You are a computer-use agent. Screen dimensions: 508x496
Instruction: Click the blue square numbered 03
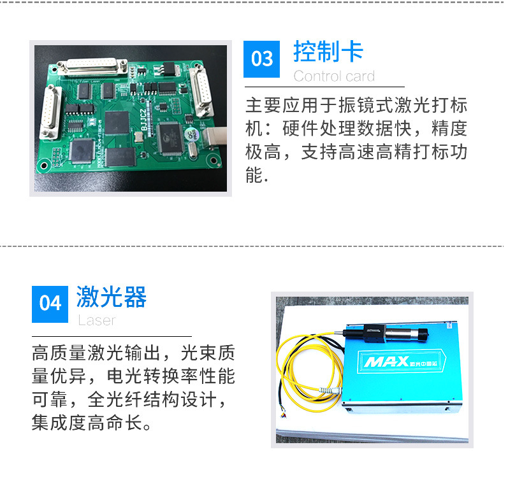[x=261, y=59]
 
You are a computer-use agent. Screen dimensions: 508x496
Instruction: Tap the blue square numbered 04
[x=50, y=304]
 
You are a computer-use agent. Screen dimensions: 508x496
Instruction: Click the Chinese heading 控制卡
[x=328, y=52]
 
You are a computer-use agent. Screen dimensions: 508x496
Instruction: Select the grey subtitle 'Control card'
[x=334, y=76]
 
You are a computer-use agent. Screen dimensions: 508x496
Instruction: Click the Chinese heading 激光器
[x=112, y=297]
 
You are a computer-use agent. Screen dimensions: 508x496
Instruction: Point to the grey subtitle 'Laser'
[x=96, y=320]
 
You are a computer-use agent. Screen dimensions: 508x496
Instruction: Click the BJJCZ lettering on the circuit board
[x=143, y=120]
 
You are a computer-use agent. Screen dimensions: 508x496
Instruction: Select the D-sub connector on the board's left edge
[x=50, y=111]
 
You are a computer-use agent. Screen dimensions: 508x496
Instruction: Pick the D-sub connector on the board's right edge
[x=201, y=91]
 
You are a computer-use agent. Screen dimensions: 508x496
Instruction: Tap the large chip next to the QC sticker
[x=170, y=138]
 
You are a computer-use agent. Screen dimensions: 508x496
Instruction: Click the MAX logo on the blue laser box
[x=386, y=362]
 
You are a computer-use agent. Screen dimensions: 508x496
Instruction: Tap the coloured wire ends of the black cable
[x=283, y=413]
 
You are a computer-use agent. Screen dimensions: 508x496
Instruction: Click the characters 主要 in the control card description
[x=263, y=105]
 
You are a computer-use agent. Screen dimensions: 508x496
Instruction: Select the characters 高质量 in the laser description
[x=59, y=353]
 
